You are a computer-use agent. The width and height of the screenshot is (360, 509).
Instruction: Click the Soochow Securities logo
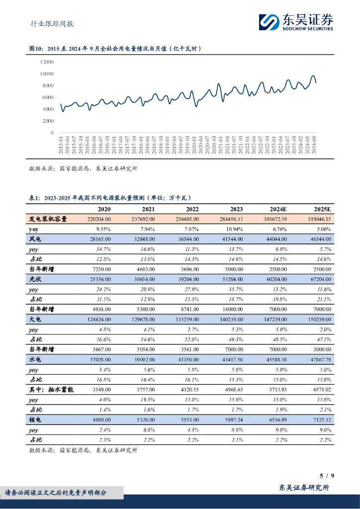(295, 21)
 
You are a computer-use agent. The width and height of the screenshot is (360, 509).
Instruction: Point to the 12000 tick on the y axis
(47, 62)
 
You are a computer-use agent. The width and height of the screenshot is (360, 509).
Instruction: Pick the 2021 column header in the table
(148, 210)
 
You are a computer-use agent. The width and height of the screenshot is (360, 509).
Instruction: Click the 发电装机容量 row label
(48, 219)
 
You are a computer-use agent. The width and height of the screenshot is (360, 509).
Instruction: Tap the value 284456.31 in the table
(228, 219)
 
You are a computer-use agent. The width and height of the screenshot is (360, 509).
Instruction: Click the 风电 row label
(34, 239)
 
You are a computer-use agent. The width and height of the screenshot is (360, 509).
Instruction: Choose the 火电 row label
(34, 320)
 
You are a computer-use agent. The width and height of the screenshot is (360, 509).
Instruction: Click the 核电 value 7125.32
(320, 420)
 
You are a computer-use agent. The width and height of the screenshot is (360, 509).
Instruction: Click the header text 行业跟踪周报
(48, 24)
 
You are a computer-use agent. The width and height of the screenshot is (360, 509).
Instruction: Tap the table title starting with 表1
(110, 197)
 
